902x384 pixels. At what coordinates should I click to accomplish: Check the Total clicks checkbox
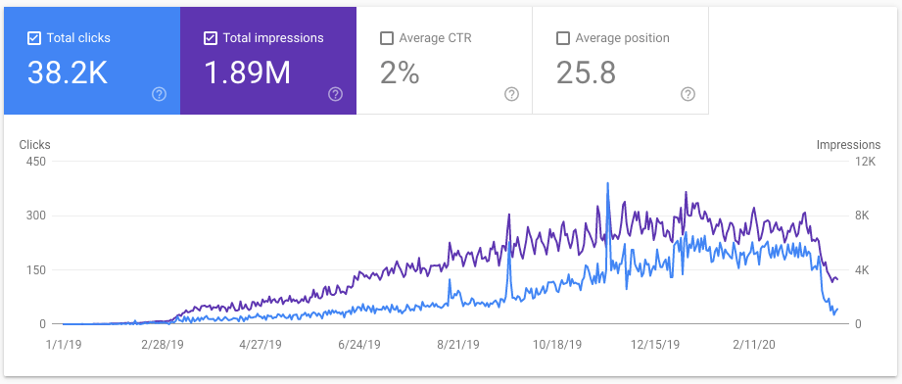click(34, 38)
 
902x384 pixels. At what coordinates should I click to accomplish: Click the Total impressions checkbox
click(211, 38)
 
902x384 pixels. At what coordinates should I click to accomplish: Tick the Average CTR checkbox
click(386, 38)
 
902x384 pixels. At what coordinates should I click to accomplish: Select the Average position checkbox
click(562, 38)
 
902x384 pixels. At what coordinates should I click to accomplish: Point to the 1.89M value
click(247, 72)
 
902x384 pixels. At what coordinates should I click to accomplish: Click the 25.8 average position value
click(586, 72)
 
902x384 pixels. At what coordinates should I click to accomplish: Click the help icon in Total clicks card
click(159, 94)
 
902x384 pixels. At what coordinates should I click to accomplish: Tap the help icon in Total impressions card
click(335, 94)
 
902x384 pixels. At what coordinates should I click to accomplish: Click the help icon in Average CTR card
click(511, 94)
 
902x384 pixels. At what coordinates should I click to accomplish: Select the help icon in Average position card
click(688, 94)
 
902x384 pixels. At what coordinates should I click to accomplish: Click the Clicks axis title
click(34, 145)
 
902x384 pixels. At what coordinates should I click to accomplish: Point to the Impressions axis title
click(848, 145)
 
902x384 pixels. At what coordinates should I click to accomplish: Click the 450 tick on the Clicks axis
click(35, 162)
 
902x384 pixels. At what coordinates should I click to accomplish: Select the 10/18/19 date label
click(558, 345)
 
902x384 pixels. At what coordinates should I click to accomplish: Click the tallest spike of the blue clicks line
click(608, 184)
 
